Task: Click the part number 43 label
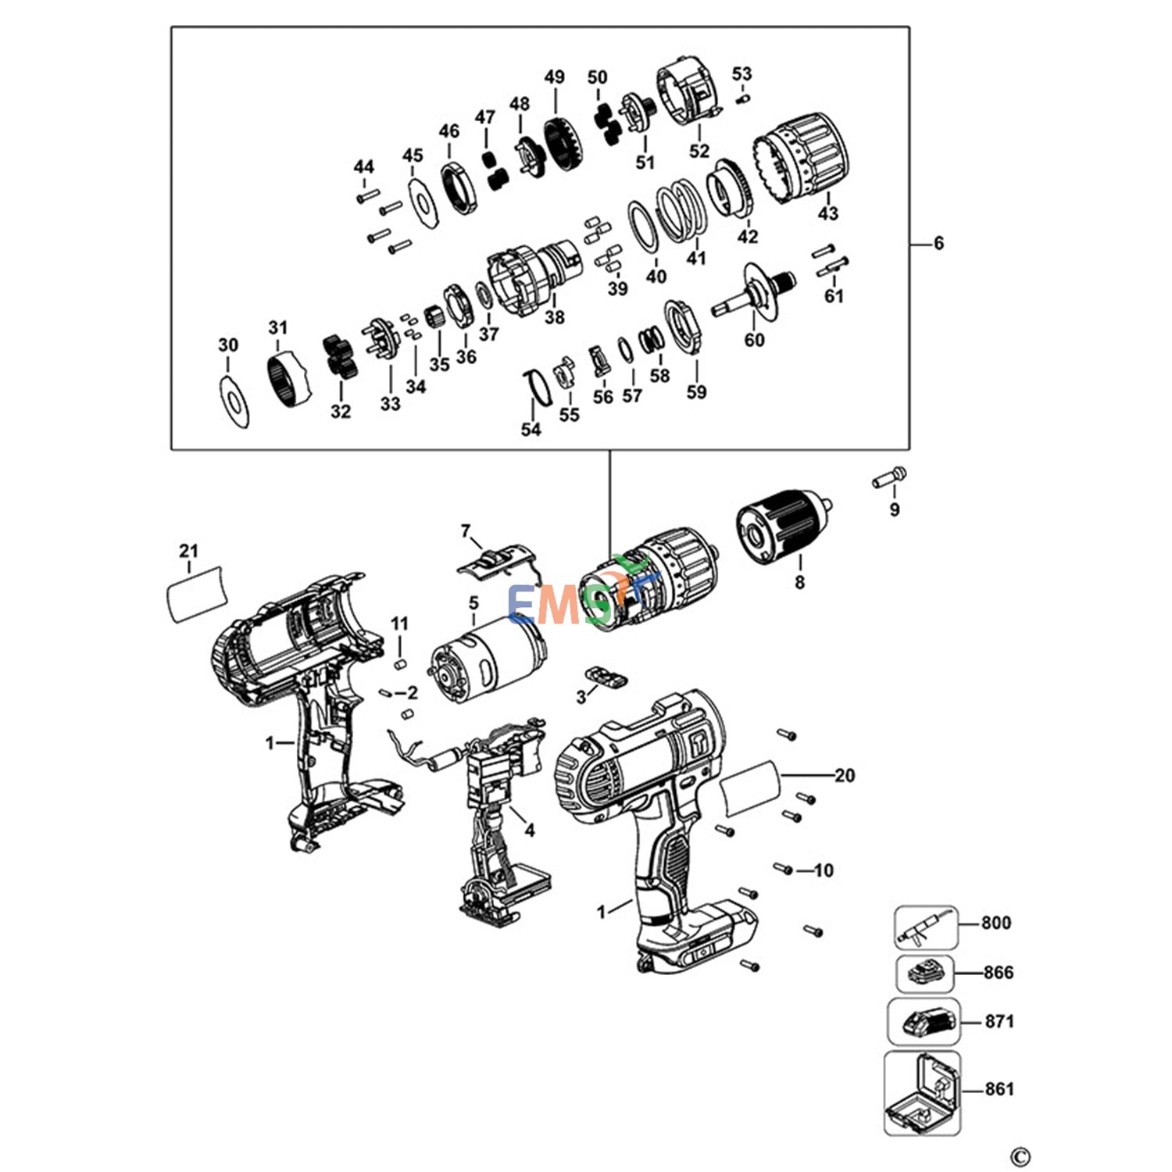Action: tap(828, 213)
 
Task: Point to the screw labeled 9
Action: tap(890, 478)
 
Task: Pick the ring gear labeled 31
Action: tap(291, 378)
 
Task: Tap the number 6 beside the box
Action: tap(938, 244)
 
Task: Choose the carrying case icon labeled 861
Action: tap(922, 1092)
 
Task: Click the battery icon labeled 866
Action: tap(925, 974)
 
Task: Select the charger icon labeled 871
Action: tap(924, 1022)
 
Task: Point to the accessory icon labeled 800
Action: tap(926, 927)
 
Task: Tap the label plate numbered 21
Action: tap(197, 593)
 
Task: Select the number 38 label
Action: tap(555, 317)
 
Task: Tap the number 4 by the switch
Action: tap(530, 830)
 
